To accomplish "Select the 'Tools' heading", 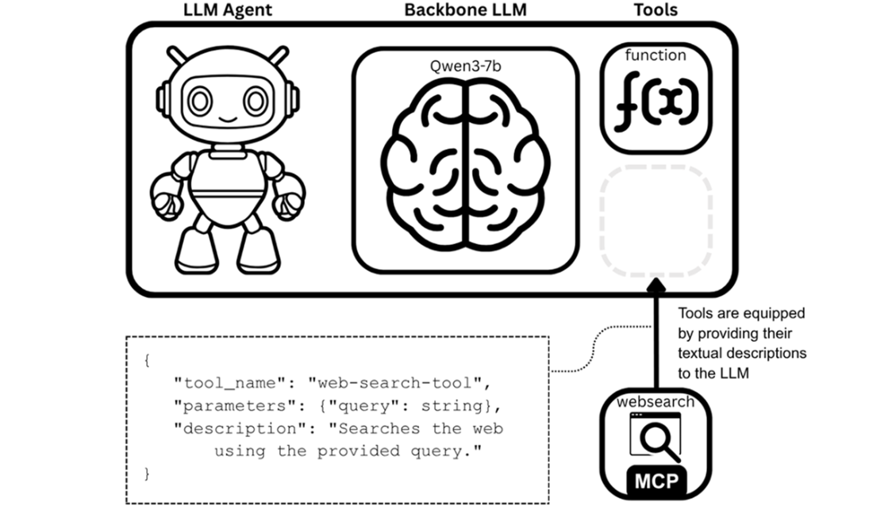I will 656,10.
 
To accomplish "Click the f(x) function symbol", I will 656,100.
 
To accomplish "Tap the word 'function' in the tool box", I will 656,56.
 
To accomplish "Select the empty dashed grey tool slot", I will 656,222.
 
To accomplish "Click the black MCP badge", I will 655,481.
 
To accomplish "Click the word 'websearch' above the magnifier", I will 655,402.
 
